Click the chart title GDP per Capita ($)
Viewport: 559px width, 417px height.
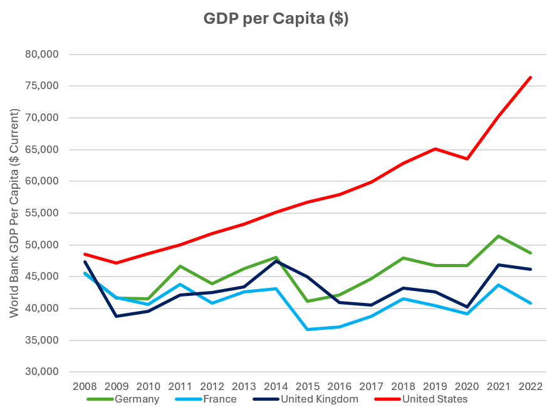tap(276, 19)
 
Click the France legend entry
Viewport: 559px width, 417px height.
tap(219, 398)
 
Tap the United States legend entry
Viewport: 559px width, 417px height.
tap(434, 398)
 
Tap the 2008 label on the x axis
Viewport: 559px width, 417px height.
tap(85, 385)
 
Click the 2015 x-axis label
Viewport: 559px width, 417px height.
tap(308, 385)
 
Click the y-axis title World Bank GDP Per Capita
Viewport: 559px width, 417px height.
tap(14, 213)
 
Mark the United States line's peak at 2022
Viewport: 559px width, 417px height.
tap(531, 77)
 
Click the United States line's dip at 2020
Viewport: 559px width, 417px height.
tap(468, 159)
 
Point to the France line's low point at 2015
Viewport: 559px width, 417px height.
tap(308, 329)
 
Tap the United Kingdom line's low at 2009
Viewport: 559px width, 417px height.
tap(117, 316)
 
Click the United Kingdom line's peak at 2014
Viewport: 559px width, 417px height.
tap(276, 261)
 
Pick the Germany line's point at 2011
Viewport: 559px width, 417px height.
tap(180, 266)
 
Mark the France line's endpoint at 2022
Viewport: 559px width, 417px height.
tap(531, 303)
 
